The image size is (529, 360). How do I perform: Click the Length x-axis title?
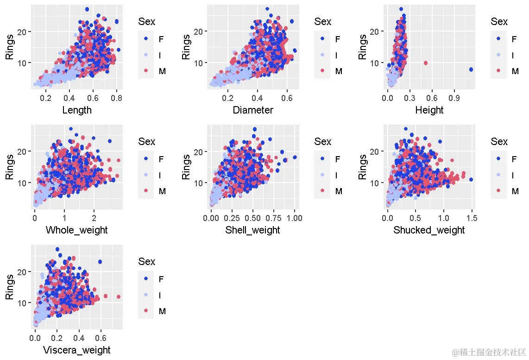77,110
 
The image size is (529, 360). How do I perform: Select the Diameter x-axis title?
253,110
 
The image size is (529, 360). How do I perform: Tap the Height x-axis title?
429,110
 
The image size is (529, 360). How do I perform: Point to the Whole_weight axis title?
77,230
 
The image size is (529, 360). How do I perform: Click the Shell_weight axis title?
253,230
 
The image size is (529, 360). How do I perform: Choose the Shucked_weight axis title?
429,230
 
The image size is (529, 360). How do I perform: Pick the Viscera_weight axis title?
77,350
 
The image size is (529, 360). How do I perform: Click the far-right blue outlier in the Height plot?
471,69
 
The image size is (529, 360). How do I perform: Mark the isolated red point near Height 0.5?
426,63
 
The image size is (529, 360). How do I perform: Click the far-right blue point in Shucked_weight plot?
471,179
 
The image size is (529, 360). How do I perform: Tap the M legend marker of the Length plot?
146,71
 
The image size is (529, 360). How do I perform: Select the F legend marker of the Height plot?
499,39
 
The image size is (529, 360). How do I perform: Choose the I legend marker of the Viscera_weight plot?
146,295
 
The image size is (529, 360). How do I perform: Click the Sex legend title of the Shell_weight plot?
323,141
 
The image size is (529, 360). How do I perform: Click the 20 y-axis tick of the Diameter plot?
202,31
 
